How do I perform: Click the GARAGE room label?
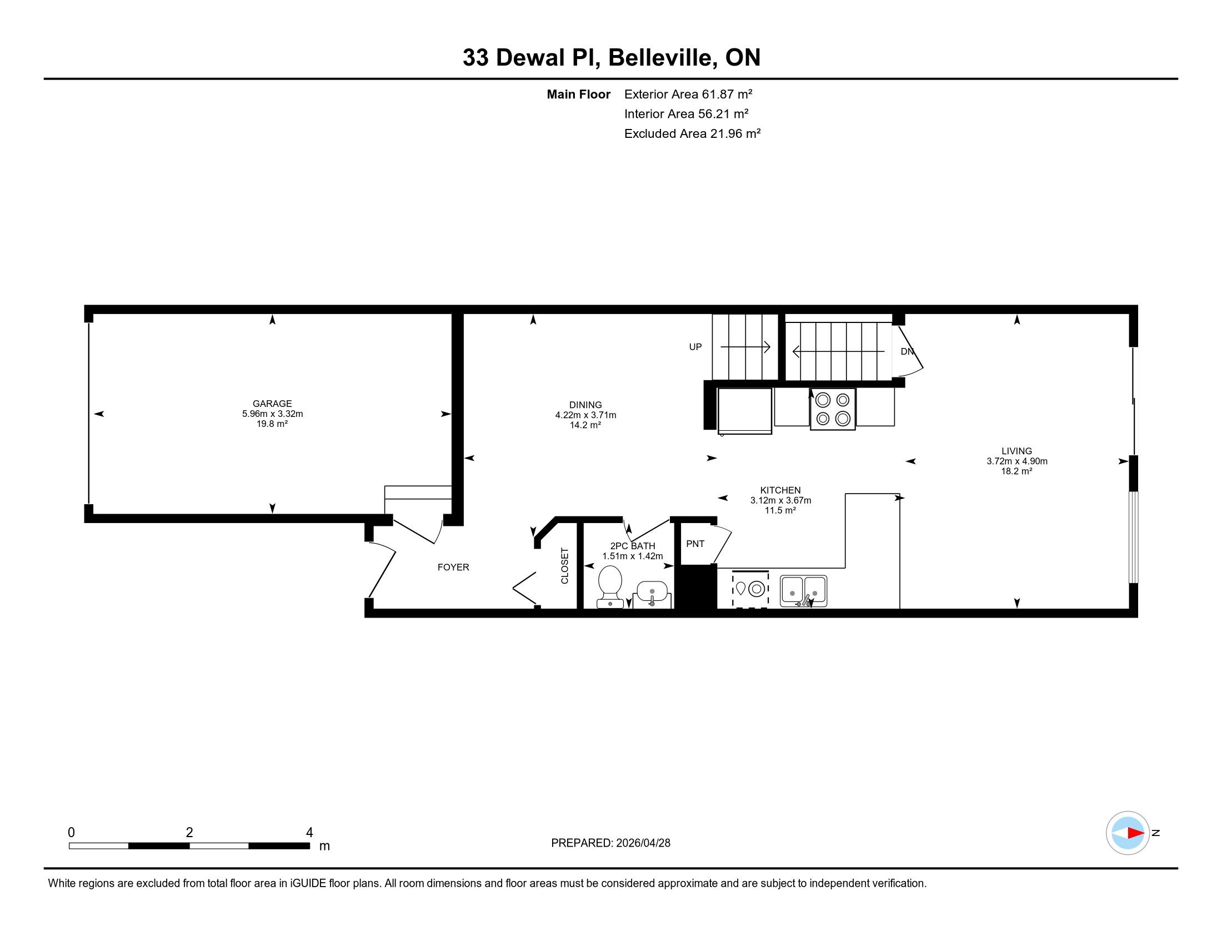point(272,404)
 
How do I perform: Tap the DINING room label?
point(585,405)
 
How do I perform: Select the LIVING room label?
point(1016,451)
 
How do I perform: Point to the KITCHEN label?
point(780,490)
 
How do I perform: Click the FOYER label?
point(453,567)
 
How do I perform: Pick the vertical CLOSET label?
point(564,566)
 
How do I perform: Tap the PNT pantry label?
point(695,544)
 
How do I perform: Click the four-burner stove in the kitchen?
point(833,409)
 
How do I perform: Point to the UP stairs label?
point(695,347)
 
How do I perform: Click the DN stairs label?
point(907,351)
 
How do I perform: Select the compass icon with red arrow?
point(1128,833)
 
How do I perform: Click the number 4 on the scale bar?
point(309,833)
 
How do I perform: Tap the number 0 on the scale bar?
point(71,833)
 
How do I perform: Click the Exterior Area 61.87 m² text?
point(688,94)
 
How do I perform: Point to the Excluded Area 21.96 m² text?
point(692,133)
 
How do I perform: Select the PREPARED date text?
point(610,843)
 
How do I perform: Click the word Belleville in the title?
point(663,58)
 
